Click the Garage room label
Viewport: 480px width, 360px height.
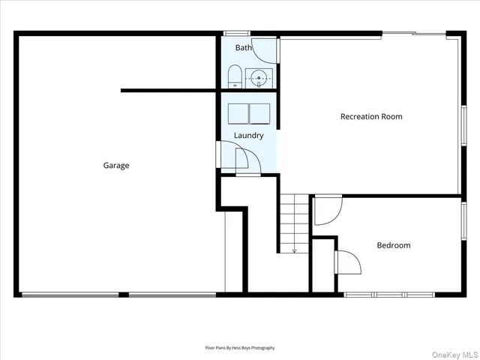coord(116,166)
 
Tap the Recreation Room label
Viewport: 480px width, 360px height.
coord(371,116)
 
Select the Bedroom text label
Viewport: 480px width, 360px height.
coord(393,245)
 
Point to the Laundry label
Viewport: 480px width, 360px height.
coord(248,136)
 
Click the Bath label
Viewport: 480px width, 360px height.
coord(244,48)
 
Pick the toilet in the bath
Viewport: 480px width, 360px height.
coord(234,77)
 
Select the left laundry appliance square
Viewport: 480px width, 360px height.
coord(238,113)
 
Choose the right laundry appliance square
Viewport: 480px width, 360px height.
coord(259,113)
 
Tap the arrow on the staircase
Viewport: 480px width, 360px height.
coord(294,250)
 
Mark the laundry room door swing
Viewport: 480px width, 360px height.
coord(246,160)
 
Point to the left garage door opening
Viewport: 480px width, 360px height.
coord(70,295)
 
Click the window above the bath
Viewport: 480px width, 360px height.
coord(237,33)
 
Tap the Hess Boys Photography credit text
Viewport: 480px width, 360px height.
coord(240,348)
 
